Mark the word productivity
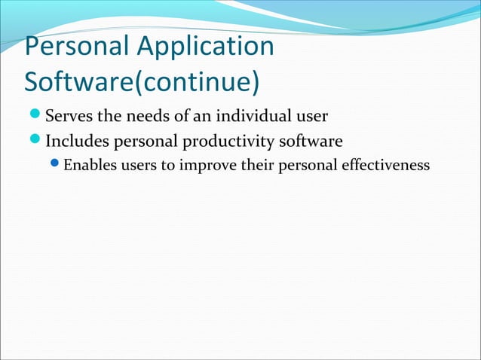[x=234, y=141]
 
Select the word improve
[x=203, y=164]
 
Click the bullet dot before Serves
[x=36, y=117]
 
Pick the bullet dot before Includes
[x=36, y=141]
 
